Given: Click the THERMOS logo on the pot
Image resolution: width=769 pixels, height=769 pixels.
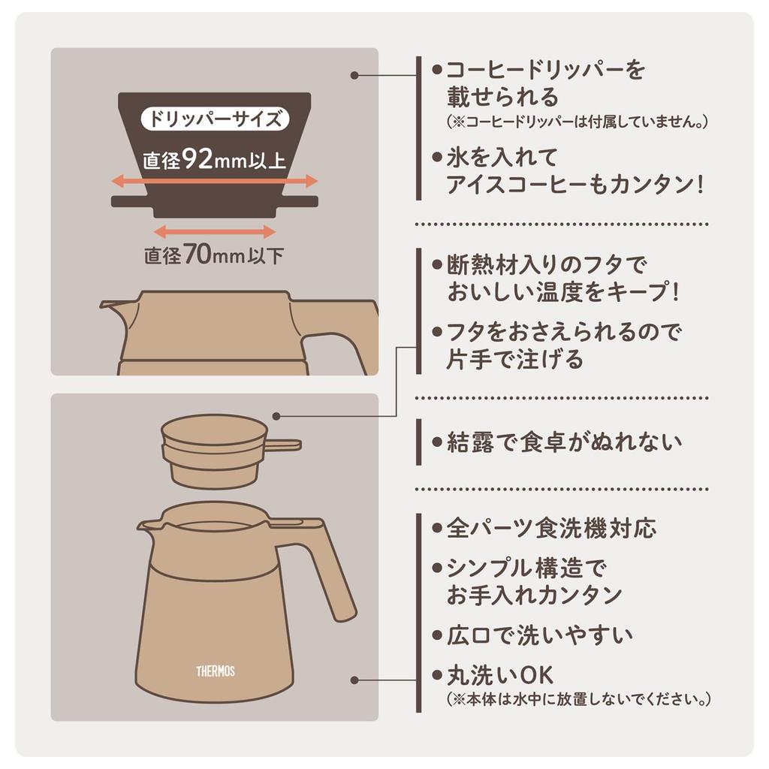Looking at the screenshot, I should pyautogui.click(x=216, y=671).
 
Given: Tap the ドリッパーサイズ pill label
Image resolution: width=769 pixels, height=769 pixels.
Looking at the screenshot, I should pyautogui.click(x=214, y=119).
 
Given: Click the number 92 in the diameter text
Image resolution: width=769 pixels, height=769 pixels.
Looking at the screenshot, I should pyautogui.click(x=197, y=160).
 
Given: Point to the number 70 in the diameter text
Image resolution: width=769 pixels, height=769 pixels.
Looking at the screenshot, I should pyautogui.click(x=197, y=256).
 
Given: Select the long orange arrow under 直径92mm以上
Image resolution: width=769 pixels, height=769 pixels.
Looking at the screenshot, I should pyautogui.click(x=214, y=181).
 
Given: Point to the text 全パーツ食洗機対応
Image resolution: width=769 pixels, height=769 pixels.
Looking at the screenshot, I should pyautogui.click(x=551, y=528).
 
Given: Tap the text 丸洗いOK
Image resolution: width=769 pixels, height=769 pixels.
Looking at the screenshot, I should pyautogui.click(x=499, y=674).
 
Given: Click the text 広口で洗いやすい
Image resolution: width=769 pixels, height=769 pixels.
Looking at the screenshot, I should pyautogui.click(x=539, y=635).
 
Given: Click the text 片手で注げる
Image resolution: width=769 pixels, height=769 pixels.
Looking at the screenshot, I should pyautogui.click(x=515, y=360).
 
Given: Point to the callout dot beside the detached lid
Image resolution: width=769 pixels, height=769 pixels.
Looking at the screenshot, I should pyautogui.click(x=277, y=415).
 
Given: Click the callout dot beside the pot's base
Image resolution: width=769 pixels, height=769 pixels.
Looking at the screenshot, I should pyautogui.click(x=354, y=680).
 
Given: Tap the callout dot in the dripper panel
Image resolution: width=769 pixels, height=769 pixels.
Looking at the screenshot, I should pyautogui.click(x=354, y=75).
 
